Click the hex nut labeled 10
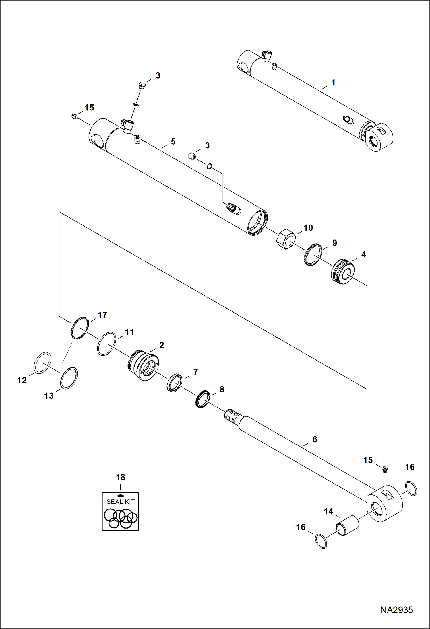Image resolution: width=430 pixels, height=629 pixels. click(286, 239)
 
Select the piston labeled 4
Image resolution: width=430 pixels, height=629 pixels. click(342, 271)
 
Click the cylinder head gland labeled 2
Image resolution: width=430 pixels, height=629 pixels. click(143, 365)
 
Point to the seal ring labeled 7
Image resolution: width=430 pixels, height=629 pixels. click(174, 383)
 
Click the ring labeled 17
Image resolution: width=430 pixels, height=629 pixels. click(80, 328)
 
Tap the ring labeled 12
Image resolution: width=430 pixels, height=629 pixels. click(42, 362)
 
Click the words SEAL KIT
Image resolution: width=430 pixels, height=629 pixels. click(121, 502)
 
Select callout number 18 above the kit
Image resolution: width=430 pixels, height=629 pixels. click(120, 477)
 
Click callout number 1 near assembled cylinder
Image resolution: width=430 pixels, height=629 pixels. click(333, 83)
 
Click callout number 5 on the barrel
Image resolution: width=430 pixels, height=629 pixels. click(173, 142)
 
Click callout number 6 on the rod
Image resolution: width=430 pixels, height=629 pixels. click(315, 439)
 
